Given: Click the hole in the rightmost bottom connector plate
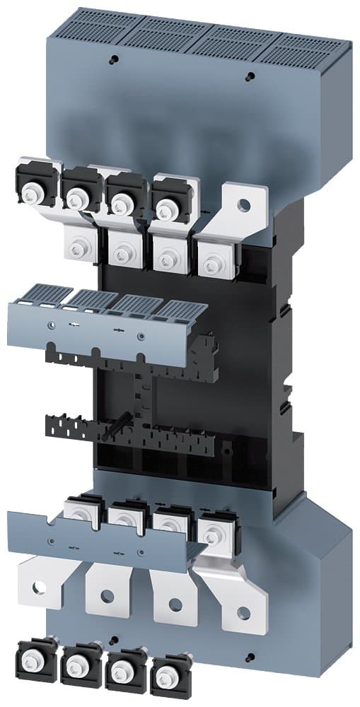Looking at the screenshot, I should [243, 612].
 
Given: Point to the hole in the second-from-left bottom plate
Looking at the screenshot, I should [106, 595].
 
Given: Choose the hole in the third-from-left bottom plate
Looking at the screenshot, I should [175, 603].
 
